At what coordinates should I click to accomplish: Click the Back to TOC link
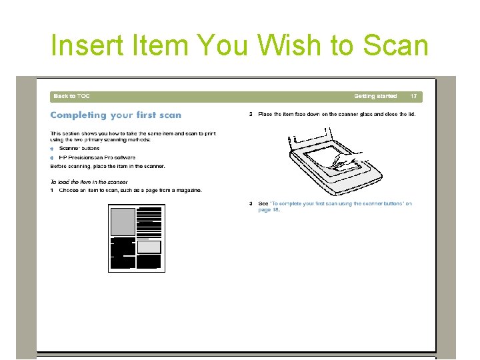click(71, 97)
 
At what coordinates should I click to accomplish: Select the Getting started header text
click(375, 97)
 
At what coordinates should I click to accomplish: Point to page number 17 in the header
click(413, 97)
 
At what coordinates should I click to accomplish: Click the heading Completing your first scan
click(115, 115)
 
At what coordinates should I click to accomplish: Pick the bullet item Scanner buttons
click(79, 149)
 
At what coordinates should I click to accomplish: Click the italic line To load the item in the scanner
click(89, 182)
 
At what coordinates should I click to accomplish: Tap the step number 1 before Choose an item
click(52, 191)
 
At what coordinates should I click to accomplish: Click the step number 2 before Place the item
click(251, 115)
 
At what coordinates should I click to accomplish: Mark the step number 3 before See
click(251, 203)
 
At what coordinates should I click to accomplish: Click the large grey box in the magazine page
click(123, 222)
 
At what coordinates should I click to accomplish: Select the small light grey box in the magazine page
click(149, 247)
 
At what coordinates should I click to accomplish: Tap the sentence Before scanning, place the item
click(107, 166)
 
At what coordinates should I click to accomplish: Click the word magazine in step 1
click(187, 191)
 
